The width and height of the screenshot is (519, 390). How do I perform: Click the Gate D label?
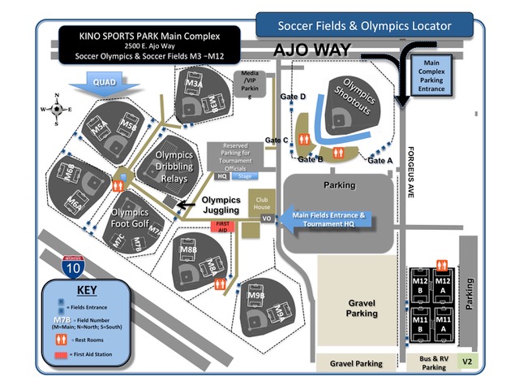coord(293,97)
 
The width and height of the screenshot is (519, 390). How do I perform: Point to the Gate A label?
coord(380,161)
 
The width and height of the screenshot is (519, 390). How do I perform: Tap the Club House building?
coord(261,203)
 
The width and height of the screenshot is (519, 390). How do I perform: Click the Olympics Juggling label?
coord(221,204)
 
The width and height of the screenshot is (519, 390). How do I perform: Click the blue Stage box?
coord(244,175)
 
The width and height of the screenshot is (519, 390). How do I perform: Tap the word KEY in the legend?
coord(85,290)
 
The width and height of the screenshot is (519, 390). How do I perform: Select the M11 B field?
coord(421,324)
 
